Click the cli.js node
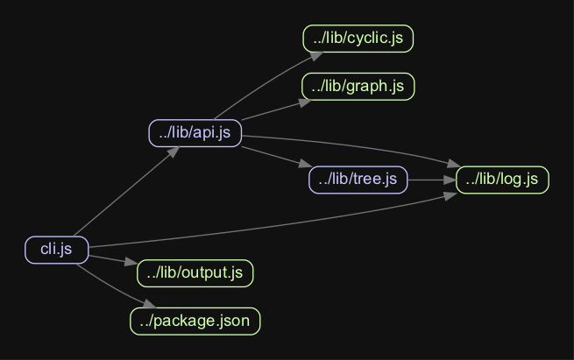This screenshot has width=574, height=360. pyautogui.click(x=56, y=250)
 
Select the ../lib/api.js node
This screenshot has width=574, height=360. pyautogui.click(x=195, y=133)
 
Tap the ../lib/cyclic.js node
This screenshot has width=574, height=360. pyautogui.click(x=358, y=39)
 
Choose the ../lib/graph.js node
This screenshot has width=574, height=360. pyautogui.click(x=358, y=86)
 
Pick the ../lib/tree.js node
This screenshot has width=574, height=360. pyautogui.click(x=358, y=180)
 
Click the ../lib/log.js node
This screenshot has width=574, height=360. pyautogui.click(x=502, y=180)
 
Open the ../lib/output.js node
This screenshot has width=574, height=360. pyautogui.click(x=195, y=272)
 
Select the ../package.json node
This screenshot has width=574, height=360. pyautogui.click(x=195, y=321)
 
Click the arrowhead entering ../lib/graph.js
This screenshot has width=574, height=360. pyautogui.click(x=304, y=102)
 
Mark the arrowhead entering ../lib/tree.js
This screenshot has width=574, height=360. pyautogui.click(x=305, y=166)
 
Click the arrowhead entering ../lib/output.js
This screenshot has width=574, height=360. pyautogui.click(x=131, y=263)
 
